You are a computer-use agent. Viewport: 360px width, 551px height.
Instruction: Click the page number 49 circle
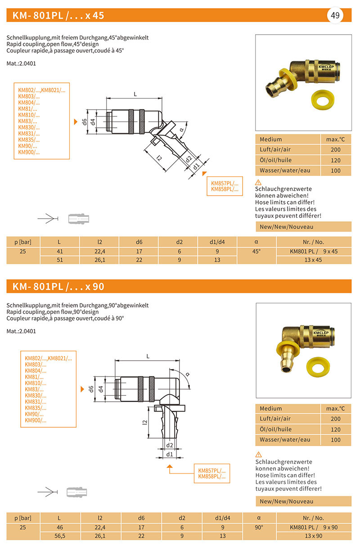(x=335, y=15)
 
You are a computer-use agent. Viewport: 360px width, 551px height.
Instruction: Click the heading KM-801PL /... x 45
(x=58, y=15)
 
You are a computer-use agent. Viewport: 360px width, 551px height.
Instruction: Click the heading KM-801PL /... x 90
(x=58, y=286)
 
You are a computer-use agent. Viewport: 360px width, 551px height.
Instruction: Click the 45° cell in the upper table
(x=256, y=251)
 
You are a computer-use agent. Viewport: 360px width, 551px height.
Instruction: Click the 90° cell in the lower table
(x=259, y=527)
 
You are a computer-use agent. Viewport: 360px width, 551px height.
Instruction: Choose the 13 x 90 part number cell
(x=314, y=536)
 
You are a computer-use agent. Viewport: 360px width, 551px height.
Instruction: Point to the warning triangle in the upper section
(x=258, y=182)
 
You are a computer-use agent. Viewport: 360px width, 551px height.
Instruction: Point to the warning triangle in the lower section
(x=258, y=454)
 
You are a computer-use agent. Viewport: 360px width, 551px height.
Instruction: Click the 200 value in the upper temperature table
(x=335, y=150)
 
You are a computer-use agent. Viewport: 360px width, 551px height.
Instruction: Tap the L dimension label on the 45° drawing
(x=135, y=94)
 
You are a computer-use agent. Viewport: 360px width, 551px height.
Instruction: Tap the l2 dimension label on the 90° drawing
(x=144, y=422)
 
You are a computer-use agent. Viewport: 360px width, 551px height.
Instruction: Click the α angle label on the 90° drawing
(x=188, y=374)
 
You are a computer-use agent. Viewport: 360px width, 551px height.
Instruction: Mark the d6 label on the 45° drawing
(x=84, y=121)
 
